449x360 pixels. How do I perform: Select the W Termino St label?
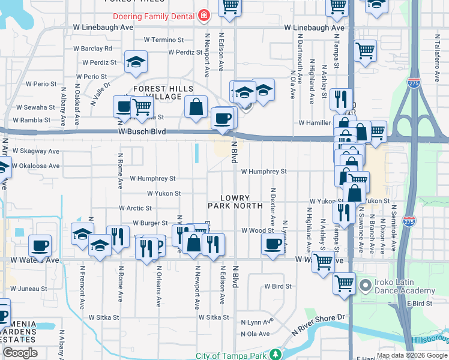point(163,40)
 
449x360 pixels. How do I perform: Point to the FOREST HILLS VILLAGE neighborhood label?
point(157,92)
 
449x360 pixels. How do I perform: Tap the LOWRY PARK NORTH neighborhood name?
point(235,202)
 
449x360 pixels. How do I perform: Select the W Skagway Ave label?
point(35,151)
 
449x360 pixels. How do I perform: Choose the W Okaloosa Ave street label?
point(36,166)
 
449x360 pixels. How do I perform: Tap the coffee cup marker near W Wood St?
point(273,244)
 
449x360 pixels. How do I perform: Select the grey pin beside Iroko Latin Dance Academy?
point(365,283)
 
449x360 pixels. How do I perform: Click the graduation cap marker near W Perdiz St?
point(136,62)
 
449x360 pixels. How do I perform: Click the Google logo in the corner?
point(20,353)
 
